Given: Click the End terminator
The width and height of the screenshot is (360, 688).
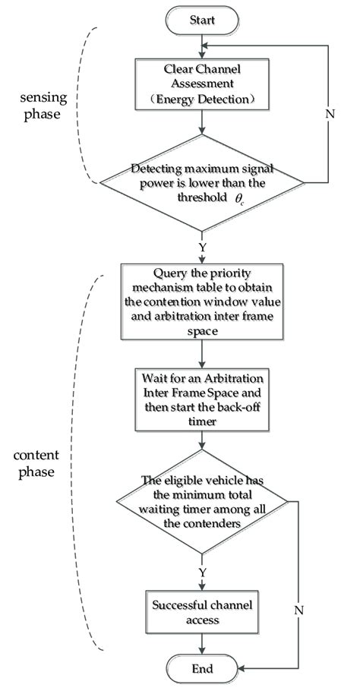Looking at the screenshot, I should pos(201,668).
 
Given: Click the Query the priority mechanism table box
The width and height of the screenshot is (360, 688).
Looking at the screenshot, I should pos(201,301).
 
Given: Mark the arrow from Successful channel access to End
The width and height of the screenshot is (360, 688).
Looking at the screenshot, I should pos(201,642).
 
